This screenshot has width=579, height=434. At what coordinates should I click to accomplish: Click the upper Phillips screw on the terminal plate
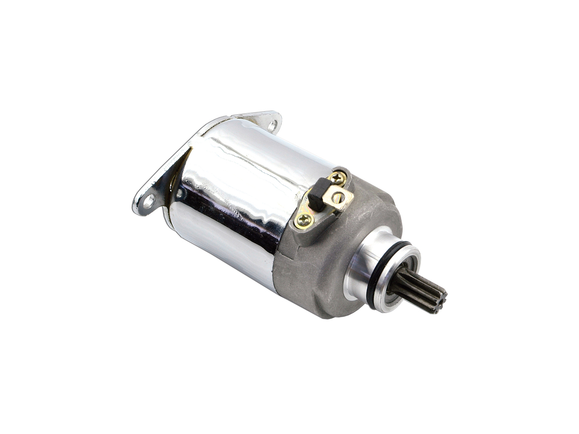point(337,178)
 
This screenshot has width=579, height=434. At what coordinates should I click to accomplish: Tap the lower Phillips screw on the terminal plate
point(304,219)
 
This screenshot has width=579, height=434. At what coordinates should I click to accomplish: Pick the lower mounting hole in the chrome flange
point(149,201)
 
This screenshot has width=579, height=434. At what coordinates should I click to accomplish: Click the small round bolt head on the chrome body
point(179,193)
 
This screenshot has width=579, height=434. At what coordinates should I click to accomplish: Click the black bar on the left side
point(36,217)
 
